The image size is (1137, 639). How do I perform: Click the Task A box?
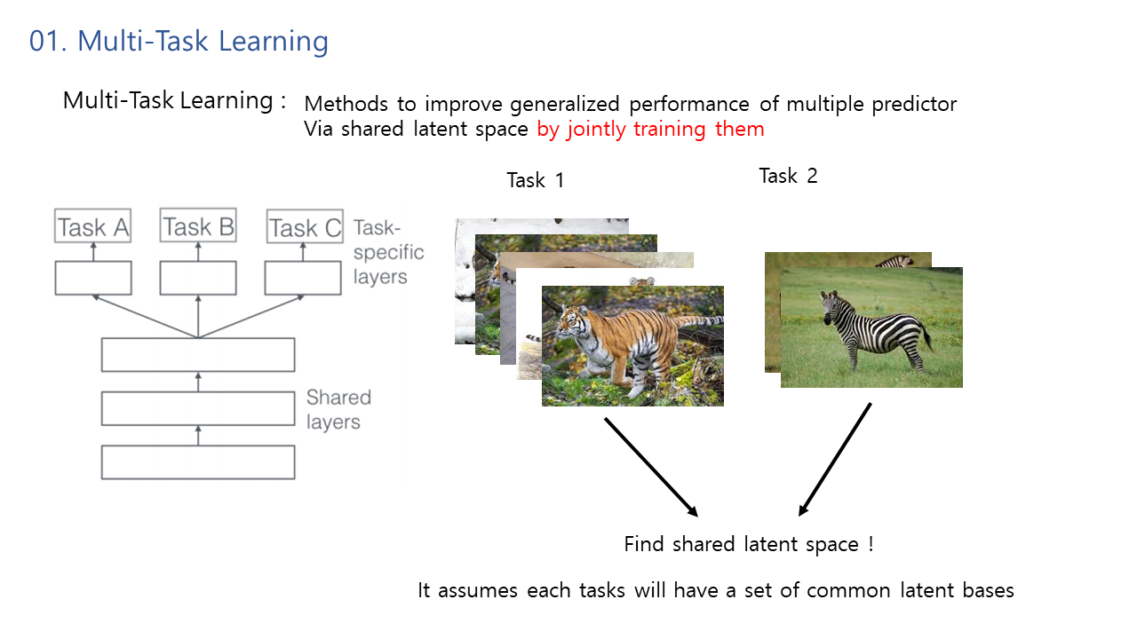coord(93,225)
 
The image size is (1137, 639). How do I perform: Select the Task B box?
coord(198,225)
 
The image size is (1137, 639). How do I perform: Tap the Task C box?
coord(305,226)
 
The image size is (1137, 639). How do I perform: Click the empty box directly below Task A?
coord(93,278)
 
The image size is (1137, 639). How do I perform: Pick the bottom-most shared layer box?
coord(198,462)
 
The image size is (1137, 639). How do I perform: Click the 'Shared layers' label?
coord(338,409)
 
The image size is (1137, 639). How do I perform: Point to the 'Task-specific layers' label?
coord(388,252)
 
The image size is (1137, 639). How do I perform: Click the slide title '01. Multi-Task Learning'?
coord(179,41)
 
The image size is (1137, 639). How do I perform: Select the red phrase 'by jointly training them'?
coord(650,130)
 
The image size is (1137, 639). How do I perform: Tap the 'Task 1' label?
coord(536,180)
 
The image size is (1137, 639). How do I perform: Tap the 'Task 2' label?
coord(788,176)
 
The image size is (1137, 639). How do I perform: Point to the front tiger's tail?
coord(701,319)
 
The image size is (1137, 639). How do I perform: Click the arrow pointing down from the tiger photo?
coord(651,467)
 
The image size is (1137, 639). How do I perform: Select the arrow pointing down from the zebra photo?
coord(835,460)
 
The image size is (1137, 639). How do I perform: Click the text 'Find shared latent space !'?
coord(749,544)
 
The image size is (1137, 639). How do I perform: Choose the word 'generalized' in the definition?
coord(564,104)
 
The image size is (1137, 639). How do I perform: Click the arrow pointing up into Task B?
coord(198,251)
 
